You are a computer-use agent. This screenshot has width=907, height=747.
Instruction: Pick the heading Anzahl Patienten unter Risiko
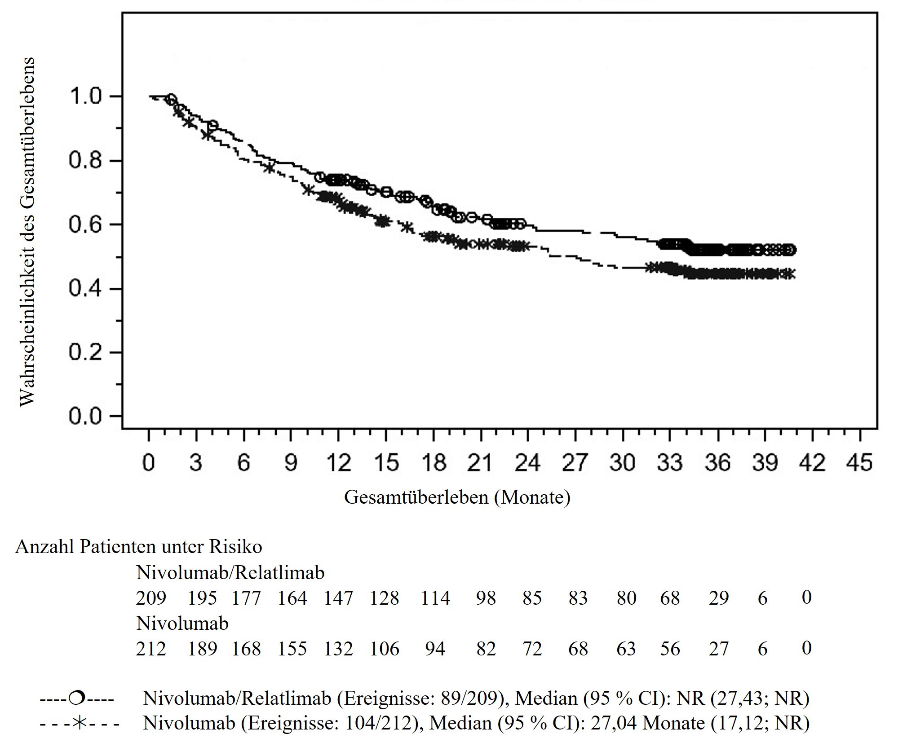click(138, 547)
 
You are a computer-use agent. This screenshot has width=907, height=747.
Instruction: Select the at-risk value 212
click(151, 649)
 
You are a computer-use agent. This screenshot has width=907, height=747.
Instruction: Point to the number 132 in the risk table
click(338, 649)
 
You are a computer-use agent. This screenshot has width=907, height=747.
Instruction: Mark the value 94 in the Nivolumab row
click(435, 649)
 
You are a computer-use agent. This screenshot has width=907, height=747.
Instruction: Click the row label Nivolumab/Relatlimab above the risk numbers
click(230, 573)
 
